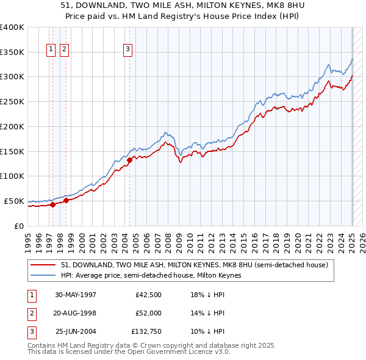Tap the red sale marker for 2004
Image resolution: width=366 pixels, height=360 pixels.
pyautogui.click(x=130, y=160)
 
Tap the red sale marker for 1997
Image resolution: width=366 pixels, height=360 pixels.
pyautogui.click(x=53, y=204)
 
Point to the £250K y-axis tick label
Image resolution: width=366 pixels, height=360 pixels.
pyautogui.click(x=12, y=101)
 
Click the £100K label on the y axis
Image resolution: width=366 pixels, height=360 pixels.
pyautogui.click(x=12, y=176)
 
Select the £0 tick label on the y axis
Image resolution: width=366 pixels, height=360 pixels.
pyautogui.click(x=18, y=226)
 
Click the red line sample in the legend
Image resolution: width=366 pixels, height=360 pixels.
pyautogui.click(x=44, y=265)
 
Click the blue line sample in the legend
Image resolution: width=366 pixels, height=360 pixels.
pyautogui.click(x=44, y=275)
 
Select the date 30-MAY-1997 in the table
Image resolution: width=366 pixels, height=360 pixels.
pyautogui.click(x=76, y=295)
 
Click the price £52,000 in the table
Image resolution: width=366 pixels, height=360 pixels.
pyautogui.click(x=149, y=313)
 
